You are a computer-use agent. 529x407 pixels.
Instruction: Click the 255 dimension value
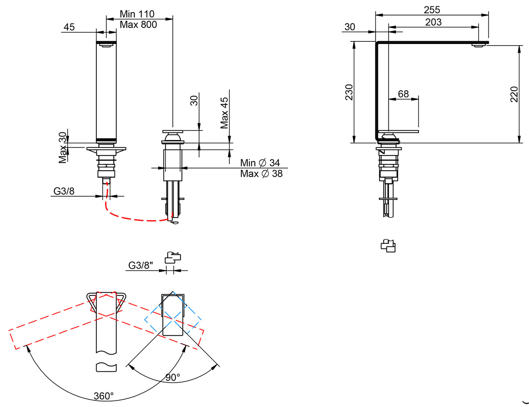coord(432,10)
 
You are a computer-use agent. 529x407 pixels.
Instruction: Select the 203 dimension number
coord(433,22)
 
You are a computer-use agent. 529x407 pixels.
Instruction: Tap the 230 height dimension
coord(349,92)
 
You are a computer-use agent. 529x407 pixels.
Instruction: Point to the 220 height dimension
coord(514,94)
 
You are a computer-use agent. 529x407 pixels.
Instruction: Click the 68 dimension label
coord(403,94)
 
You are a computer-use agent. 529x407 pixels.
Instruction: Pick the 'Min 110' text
coord(137,14)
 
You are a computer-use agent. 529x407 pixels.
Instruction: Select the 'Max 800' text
coord(138,25)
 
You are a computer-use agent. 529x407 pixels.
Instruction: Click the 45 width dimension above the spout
coord(69,27)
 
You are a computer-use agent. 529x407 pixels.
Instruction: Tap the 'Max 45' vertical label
coord(224,113)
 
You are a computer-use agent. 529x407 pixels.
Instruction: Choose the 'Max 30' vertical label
coord(63,147)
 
